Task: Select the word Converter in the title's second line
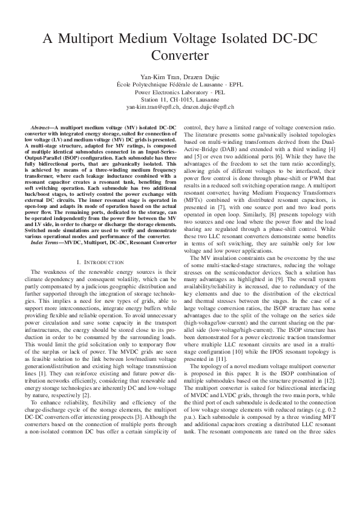[x=180, y=56]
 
